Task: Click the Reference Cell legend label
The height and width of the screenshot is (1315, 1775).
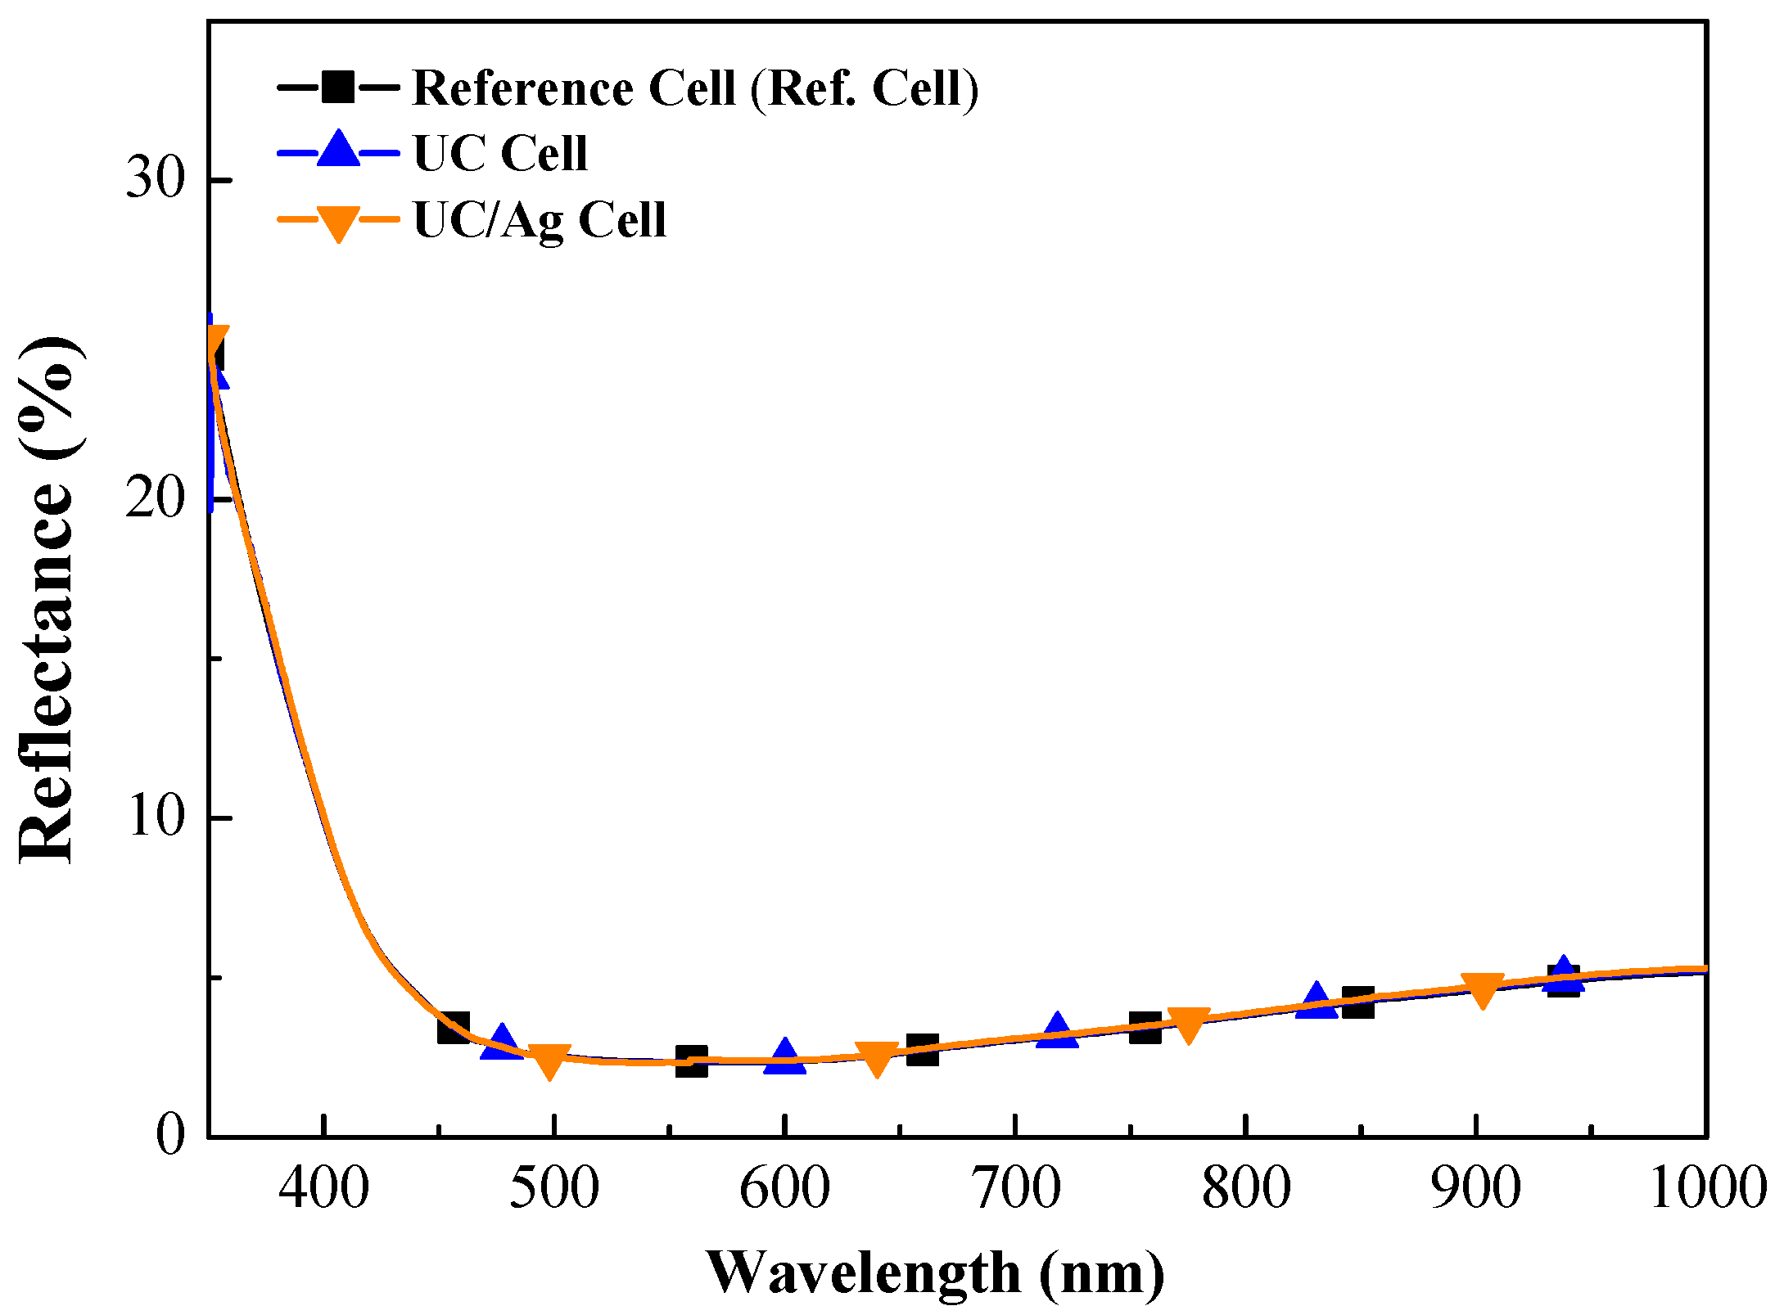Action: click(695, 88)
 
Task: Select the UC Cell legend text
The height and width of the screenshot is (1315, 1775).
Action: click(500, 153)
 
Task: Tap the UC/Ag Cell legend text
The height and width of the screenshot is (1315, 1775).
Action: click(540, 219)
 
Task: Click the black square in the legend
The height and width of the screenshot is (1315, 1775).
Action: click(338, 87)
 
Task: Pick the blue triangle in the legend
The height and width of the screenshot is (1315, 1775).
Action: click(338, 151)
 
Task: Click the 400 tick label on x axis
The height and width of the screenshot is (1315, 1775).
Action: click(324, 1188)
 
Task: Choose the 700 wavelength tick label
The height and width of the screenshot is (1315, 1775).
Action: click(1015, 1188)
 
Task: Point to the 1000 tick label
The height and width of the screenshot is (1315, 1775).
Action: click(1706, 1188)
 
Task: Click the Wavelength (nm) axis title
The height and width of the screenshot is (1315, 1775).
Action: click(935, 1273)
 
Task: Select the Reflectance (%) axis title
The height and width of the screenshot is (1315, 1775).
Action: click(49, 599)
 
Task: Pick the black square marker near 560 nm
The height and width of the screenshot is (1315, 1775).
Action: click(692, 1061)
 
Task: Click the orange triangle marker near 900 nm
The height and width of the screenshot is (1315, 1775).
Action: click(1482, 990)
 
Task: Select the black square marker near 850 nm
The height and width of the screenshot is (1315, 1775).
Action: click(1358, 1002)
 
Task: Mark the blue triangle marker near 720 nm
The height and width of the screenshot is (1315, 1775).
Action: click(1057, 1031)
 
